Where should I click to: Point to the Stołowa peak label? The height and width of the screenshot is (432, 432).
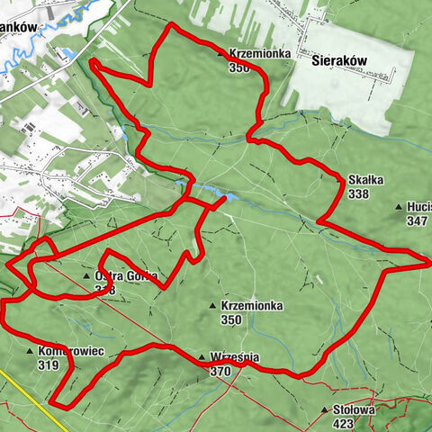(352, 409)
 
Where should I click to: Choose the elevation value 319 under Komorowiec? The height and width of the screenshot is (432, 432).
(49, 365)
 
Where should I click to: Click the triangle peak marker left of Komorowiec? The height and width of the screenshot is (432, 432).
(32, 353)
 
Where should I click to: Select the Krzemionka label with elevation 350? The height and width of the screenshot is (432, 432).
(251, 306)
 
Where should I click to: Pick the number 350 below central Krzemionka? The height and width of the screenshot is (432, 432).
(232, 319)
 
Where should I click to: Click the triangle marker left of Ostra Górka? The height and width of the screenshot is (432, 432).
(86, 276)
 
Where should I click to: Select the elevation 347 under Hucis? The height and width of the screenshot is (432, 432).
(417, 220)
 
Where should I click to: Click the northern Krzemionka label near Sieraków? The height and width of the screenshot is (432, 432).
(260, 53)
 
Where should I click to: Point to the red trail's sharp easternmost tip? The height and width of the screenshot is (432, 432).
(430, 262)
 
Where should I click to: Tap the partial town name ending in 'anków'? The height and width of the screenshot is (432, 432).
(18, 27)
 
